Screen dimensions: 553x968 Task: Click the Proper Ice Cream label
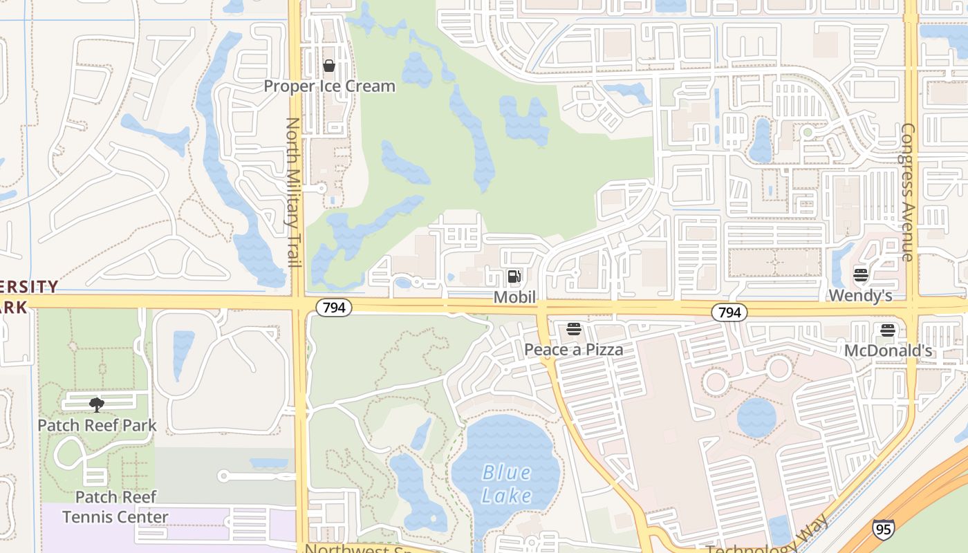pyautogui.click(x=330, y=86)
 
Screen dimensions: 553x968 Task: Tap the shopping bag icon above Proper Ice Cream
pyautogui.click(x=329, y=66)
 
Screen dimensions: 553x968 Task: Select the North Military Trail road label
pyautogui.click(x=293, y=192)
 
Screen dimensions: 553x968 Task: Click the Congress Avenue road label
pyautogui.click(x=908, y=192)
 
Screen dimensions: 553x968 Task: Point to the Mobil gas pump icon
pyautogui.click(x=514, y=277)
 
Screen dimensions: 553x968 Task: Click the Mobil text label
pyautogui.click(x=514, y=297)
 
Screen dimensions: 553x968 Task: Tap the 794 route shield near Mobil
pyautogui.click(x=334, y=308)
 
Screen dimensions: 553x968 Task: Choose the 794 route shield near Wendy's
pyautogui.click(x=729, y=313)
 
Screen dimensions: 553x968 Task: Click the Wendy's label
pyautogui.click(x=860, y=296)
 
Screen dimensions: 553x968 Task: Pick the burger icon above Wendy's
pyautogui.click(x=861, y=275)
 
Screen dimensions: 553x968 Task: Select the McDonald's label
pyautogui.click(x=888, y=351)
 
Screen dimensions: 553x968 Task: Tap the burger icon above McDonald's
pyautogui.click(x=888, y=330)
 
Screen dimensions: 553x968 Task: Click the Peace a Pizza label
pyautogui.click(x=573, y=350)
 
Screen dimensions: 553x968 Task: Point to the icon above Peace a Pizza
pyautogui.click(x=573, y=329)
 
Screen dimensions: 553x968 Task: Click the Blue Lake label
pyautogui.click(x=507, y=485)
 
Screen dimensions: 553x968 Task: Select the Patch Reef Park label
pyautogui.click(x=97, y=425)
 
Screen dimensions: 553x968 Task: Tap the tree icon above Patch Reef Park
pyautogui.click(x=97, y=404)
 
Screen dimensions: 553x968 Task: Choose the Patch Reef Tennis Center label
pyautogui.click(x=115, y=507)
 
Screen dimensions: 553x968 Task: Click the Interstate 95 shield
pyautogui.click(x=882, y=529)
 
